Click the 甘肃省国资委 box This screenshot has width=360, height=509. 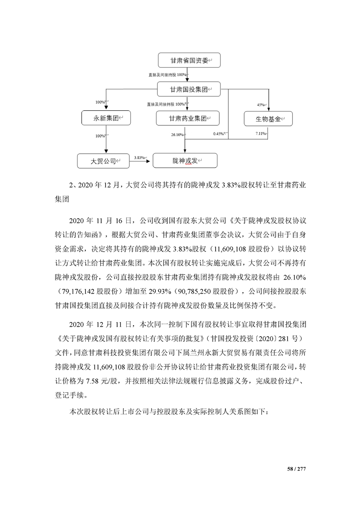[188, 61]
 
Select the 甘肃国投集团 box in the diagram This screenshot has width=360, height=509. [188, 89]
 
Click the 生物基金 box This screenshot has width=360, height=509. [268, 119]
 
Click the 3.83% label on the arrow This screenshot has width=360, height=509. [140, 157]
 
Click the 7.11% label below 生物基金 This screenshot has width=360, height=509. [261, 133]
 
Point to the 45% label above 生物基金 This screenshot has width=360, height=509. [261, 104]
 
